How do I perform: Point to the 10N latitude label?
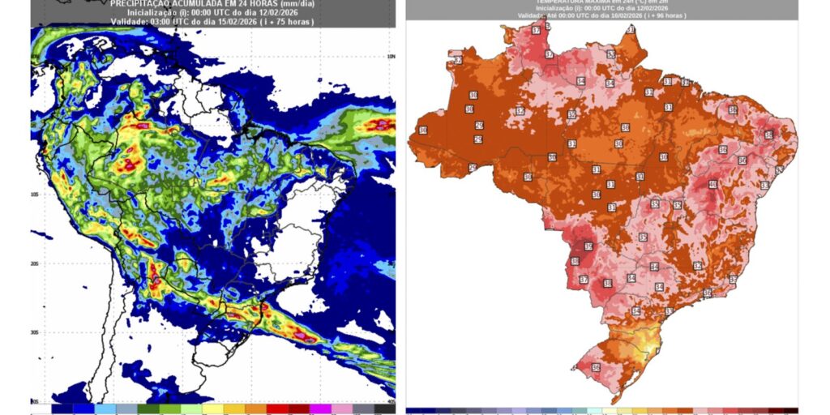click(391, 57)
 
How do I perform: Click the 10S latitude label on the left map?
click(36, 195)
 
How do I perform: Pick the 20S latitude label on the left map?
click(36, 264)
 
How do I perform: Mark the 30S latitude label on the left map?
click(36, 332)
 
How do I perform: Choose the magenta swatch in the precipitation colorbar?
click(320, 409)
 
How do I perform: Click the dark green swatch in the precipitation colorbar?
click(147, 409)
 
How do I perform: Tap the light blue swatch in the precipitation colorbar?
click(104, 409)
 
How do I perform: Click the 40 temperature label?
click(712, 184)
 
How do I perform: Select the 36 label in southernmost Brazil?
click(596, 368)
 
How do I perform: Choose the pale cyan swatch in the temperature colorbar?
click(596, 411)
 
